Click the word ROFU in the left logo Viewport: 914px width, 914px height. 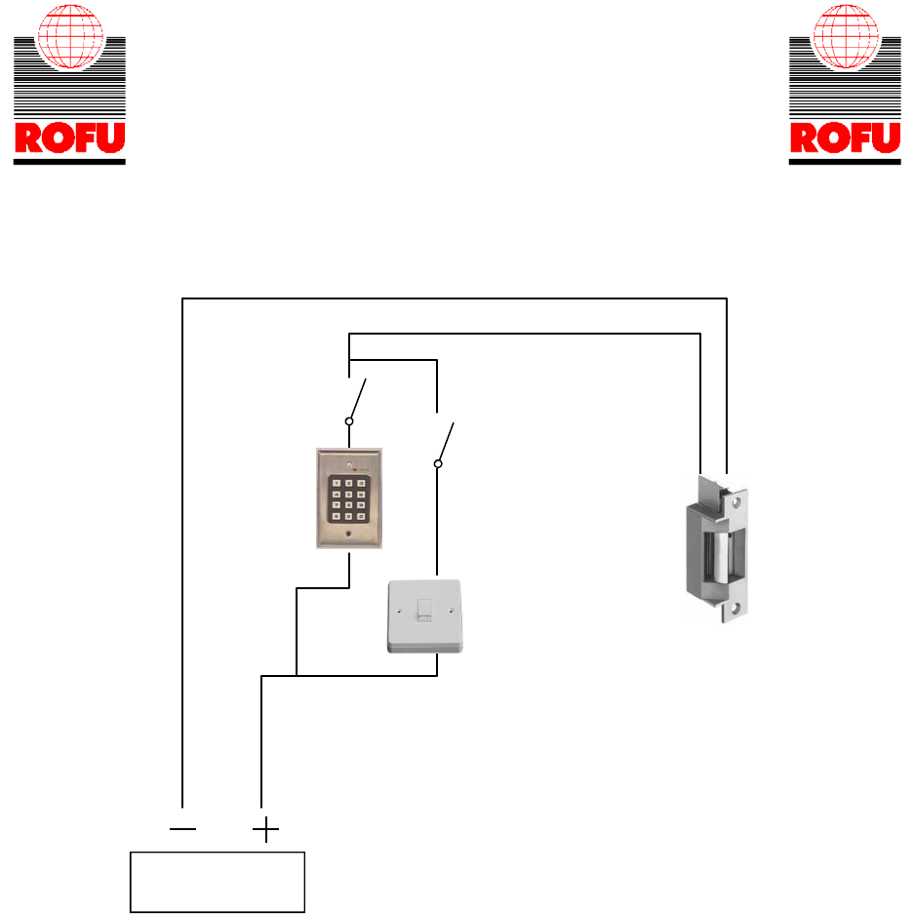pos(68,139)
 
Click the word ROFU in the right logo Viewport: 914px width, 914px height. pos(844,139)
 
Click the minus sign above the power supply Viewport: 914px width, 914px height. pos(182,830)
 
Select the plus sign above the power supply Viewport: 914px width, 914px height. pos(264,830)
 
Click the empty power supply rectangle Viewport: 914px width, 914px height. pos(219,882)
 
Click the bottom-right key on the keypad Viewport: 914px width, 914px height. pos(362,517)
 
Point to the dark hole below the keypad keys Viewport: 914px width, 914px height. pos(348,535)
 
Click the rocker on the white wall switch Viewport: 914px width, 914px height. pos(424,612)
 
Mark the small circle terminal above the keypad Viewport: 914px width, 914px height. pos(349,421)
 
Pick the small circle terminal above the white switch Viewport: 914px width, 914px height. pos(437,465)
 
